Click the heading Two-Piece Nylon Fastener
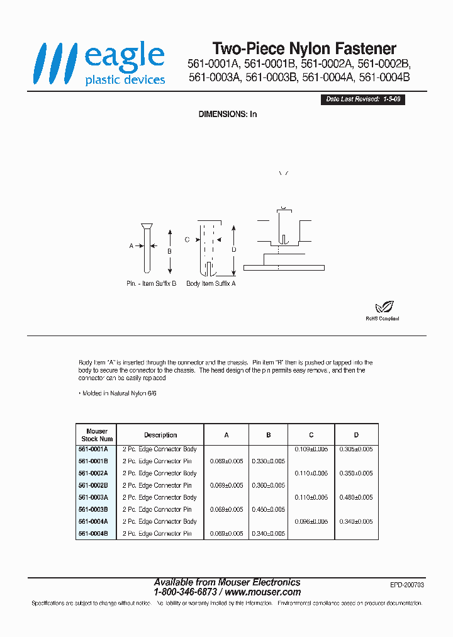pos(304,48)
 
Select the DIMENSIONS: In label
pos(228,114)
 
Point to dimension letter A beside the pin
pos(131,246)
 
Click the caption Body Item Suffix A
pos(211,284)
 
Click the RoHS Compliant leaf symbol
pos(383,308)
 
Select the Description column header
pos(160,435)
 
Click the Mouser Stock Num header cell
pos(97,435)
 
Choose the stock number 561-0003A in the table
pos(93,497)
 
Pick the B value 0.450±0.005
pos(268,509)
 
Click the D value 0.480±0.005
pos(356,497)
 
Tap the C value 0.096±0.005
pos(311,521)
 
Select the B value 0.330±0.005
pos(268,461)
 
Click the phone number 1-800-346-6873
pos(186,592)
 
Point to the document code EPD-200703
pos(407,585)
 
